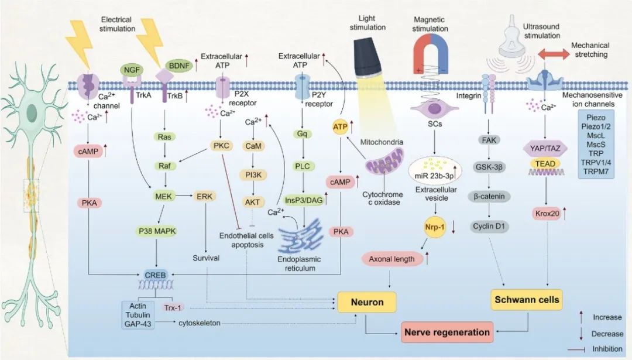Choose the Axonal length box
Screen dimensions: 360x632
point(391,258)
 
